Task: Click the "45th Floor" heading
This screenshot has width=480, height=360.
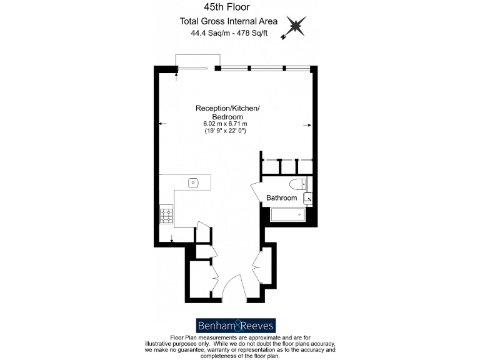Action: [x=227, y=7]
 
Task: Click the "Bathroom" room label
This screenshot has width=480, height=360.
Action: [x=282, y=198]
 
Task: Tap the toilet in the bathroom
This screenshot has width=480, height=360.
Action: [x=297, y=184]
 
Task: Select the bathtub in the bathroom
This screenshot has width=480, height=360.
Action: [x=287, y=215]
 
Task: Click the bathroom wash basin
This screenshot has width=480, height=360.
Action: [x=307, y=198]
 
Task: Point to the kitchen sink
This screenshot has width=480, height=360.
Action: [x=193, y=183]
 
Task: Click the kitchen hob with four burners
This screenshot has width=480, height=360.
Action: [x=167, y=215]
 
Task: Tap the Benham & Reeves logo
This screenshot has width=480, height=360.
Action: [x=235, y=326]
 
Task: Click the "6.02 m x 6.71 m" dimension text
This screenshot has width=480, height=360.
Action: [x=226, y=124]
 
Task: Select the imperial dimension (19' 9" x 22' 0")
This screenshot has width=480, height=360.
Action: [x=226, y=131]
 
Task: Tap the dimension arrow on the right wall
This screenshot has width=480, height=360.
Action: [x=307, y=125]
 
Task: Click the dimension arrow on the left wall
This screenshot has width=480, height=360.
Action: [x=162, y=124]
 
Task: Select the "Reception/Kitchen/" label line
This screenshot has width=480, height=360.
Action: [x=227, y=109]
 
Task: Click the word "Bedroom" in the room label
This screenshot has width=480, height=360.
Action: [x=227, y=117]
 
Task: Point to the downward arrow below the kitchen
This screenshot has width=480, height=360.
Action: [x=171, y=239]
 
